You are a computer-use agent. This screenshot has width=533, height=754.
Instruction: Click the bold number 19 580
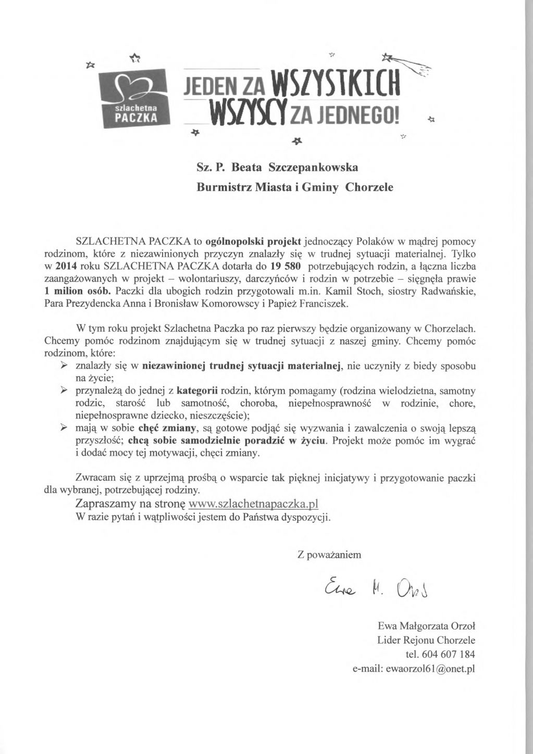(280, 267)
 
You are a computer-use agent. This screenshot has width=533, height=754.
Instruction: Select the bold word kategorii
(197, 390)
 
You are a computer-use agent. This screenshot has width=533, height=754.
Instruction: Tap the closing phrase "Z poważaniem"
(329, 555)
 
